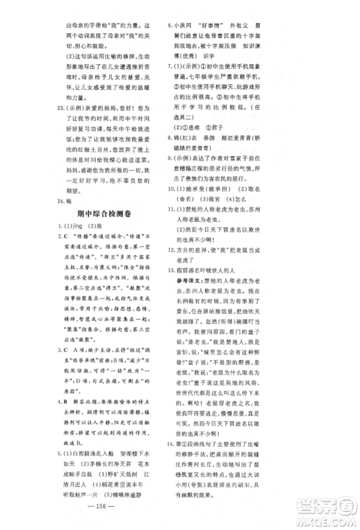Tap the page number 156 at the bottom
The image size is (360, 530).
coord(180,505)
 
